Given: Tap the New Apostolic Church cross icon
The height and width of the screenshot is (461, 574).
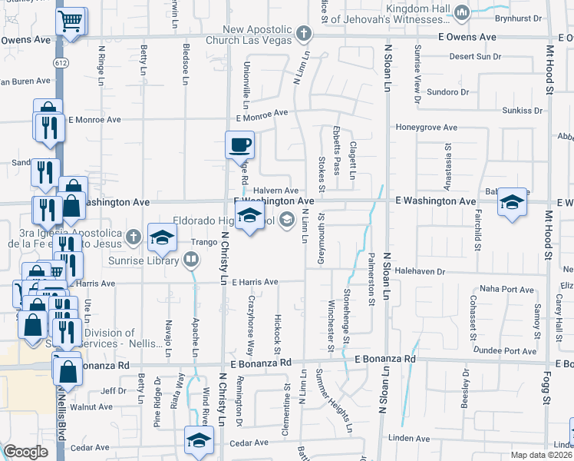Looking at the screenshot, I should tap(304, 33).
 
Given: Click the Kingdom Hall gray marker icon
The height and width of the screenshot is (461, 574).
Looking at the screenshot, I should tap(462, 12).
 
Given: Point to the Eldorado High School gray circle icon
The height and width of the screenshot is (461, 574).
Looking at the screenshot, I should tap(287, 221).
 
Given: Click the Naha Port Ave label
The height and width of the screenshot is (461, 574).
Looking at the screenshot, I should tap(506, 290).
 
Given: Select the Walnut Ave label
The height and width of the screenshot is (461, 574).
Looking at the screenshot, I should tap(91, 407).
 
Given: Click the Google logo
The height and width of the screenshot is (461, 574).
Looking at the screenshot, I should tap(26, 452).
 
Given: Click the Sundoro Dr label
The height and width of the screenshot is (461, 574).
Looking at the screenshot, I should tap(448, 91).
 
